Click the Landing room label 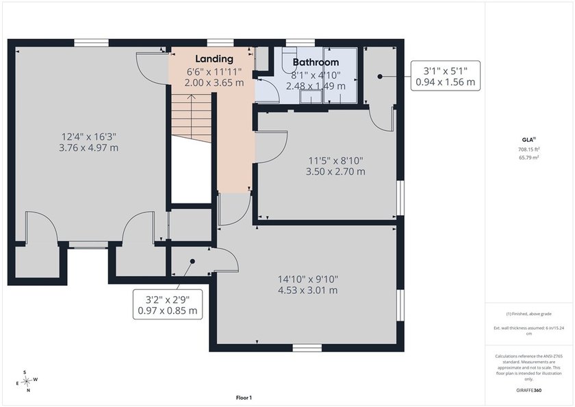point(214,59)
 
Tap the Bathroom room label point(316,62)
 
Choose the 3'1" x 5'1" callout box point(445,76)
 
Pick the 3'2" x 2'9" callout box point(168,304)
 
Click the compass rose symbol point(27,382)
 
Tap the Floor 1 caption point(244,397)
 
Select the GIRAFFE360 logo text point(528,390)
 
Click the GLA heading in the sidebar point(528,140)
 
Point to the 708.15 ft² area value point(528,149)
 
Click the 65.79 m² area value point(528,158)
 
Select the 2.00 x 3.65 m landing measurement point(214,83)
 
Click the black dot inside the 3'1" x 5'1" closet point(380,76)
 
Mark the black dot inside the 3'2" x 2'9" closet point(192,261)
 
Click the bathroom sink point(311,97)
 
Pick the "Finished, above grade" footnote point(528,314)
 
